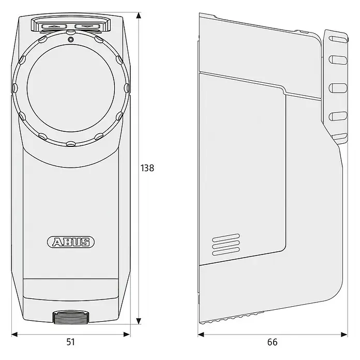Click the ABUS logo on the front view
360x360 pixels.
coord(71,242)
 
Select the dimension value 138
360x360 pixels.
coord(147,168)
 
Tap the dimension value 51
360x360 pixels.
coord(70,342)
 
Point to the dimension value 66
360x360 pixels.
coord(272,342)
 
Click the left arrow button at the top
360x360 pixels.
coord(54,26)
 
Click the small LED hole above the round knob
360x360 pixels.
coord(71,40)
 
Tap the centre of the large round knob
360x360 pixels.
coord(71,88)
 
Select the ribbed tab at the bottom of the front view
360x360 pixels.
coord(71,317)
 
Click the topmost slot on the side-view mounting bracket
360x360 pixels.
coord(338,39)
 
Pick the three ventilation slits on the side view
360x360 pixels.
coord(226,245)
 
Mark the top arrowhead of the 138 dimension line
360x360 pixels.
coord(139,16)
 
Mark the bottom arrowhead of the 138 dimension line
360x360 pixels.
coord(139,321)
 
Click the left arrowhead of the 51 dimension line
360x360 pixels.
coord(14,334)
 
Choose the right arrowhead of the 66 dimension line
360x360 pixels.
coord(344,334)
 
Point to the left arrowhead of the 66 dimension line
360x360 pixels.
coord(201,334)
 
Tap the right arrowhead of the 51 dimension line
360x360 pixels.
coord(127,334)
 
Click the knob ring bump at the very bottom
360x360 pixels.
coord(71,144)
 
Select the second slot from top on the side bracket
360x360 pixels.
coord(338,59)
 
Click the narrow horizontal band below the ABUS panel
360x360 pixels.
coord(71,290)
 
